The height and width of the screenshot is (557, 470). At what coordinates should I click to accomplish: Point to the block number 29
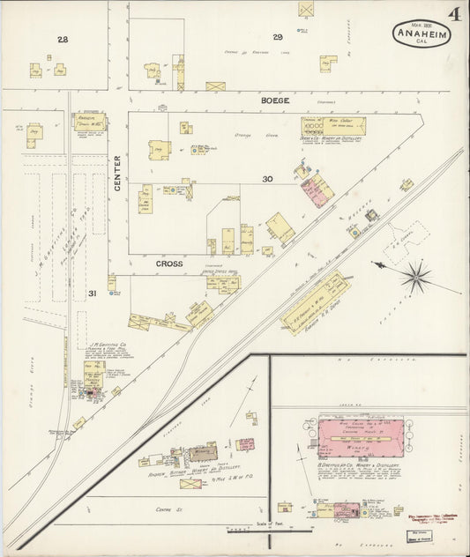276,37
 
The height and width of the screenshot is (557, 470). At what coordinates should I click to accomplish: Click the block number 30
266,179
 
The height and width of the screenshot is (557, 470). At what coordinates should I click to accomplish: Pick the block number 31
92,292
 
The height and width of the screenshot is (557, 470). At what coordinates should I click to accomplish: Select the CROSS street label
168,263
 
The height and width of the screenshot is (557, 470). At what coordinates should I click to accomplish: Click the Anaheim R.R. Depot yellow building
313,304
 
